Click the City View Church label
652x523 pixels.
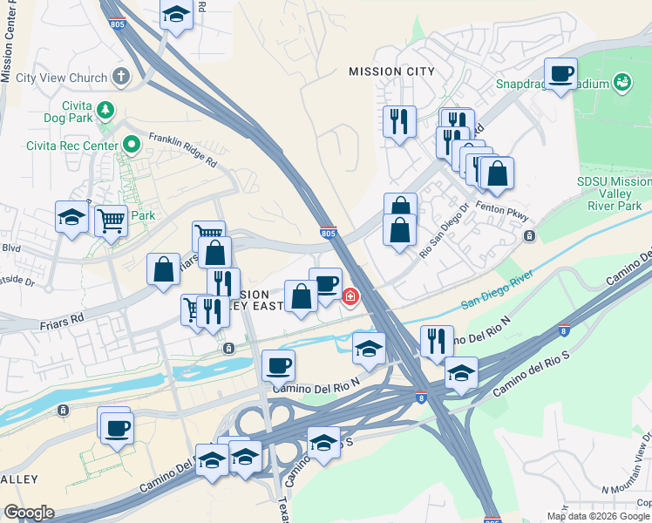[x=61, y=78]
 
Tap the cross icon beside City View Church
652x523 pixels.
[x=120, y=77]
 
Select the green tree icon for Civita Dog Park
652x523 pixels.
[x=105, y=110]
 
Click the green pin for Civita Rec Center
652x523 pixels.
[x=132, y=144]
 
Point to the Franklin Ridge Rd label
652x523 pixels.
[x=181, y=150]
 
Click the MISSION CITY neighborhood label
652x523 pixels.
[x=384, y=71]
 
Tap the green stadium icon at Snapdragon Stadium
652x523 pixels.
[x=622, y=83]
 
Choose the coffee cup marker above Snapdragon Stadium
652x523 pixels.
[x=560, y=73]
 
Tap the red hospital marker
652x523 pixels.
[x=350, y=297]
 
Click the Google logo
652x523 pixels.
[x=29, y=513]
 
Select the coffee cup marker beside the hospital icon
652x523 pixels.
[x=325, y=284]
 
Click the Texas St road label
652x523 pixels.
[x=283, y=507]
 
